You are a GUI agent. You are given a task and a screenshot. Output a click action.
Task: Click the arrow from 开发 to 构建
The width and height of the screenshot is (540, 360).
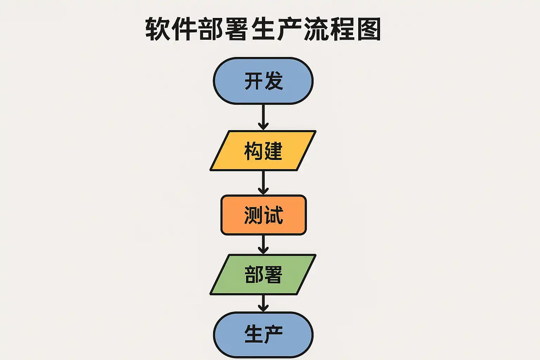tap(263, 117)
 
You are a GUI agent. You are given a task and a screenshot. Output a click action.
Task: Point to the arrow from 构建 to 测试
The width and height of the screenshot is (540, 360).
tap(263, 182)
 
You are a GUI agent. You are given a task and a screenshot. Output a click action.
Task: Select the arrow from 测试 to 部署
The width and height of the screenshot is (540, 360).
tap(263, 244)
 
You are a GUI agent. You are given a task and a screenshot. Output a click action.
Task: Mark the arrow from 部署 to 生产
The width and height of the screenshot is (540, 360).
tap(263, 303)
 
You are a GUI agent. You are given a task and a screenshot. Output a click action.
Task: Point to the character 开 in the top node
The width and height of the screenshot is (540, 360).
tap(253, 81)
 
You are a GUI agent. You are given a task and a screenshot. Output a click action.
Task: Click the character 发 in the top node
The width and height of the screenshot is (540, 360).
tap(274, 81)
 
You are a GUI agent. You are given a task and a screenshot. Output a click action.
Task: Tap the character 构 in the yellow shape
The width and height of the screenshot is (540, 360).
tap(253, 151)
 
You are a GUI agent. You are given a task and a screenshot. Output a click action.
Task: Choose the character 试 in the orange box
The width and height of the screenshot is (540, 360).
tap(274, 215)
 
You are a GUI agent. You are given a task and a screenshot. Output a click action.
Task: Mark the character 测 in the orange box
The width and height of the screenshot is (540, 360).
tap(253, 215)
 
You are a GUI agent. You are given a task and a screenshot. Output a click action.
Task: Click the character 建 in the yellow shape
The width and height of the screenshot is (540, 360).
tap(274, 151)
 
